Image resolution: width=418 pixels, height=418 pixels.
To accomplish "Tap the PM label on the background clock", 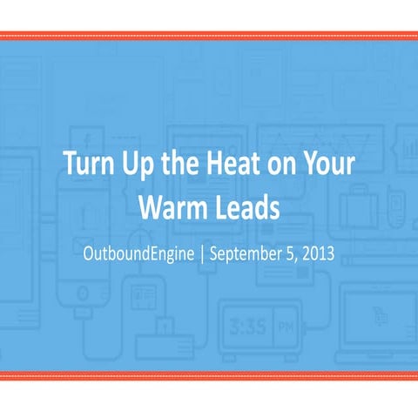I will click(x=284, y=330).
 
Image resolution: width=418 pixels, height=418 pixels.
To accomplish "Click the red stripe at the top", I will click(x=209, y=36).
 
